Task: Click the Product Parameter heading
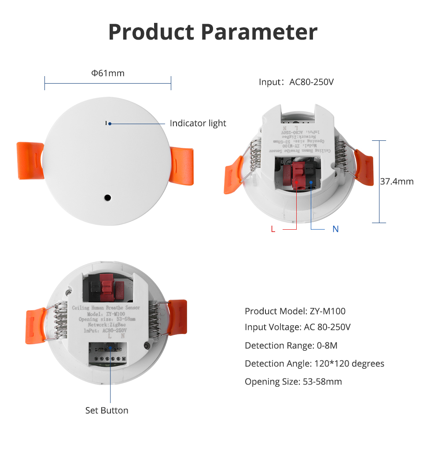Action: click(x=213, y=32)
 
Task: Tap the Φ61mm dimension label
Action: click(x=108, y=73)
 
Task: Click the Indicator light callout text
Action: click(x=198, y=123)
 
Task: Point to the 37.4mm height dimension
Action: click(x=397, y=181)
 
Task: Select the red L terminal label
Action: click(x=273, y=229)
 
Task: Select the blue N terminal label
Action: click(x=335, y=229)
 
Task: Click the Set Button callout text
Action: click(x=107, y=410)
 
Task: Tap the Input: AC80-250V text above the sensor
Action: click(x=296, y=82)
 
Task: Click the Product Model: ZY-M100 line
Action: click(x=295, y=311)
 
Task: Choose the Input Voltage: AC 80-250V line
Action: click(x=298, y=327)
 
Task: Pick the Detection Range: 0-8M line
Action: click(x=291, y=345)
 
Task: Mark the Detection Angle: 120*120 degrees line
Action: click(x=314, y=363)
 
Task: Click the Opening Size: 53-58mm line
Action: click(x=293, y=382)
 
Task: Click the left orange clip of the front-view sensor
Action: click(x=30, y=160)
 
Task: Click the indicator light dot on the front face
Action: click(x=110, y=124)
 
